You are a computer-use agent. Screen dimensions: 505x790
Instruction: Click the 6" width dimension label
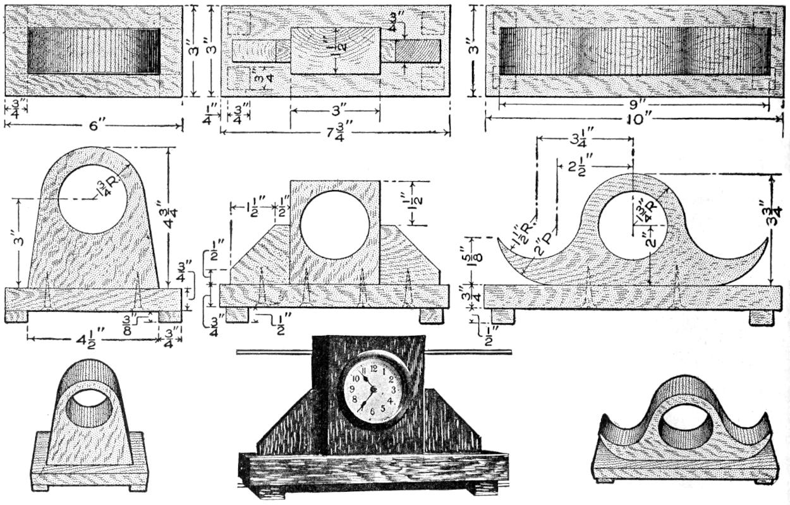(x=93, y=126)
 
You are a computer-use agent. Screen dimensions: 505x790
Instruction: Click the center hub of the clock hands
(x=373, y=390)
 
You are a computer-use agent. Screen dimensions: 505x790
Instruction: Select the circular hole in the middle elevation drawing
(x=335, y=225)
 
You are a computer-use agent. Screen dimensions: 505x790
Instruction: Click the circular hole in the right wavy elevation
(x=633, y=223)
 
